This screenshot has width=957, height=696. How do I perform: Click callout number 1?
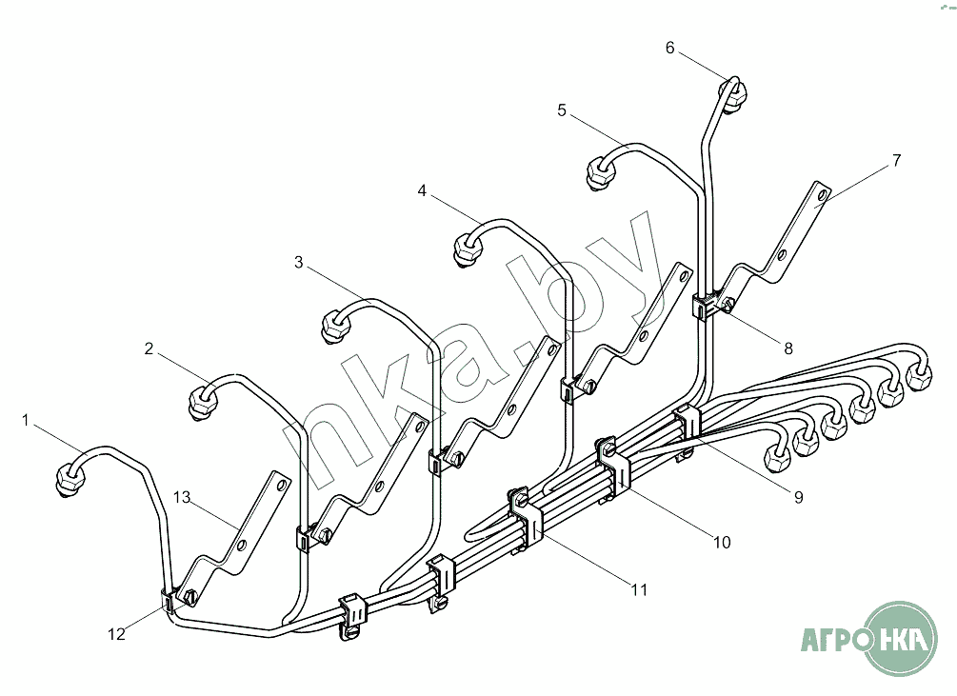pyautogui.click(x=25, y=420)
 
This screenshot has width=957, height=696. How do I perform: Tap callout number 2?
pyautogui.click(x=149, y=348)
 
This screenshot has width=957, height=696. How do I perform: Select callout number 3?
pyautogui.click(x=298, y=262)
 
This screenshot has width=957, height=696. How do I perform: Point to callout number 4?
pyautogui.click(x=422, y=191)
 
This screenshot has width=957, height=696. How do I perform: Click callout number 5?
pyautogui.click(x=562, y=110)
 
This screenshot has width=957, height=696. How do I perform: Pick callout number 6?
pyautogui.click(x=670, y=48)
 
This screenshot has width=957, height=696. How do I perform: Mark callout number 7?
pyautogui.click(x=896, y=160)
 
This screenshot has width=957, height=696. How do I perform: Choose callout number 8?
pyautogui.click(x=788, y=348)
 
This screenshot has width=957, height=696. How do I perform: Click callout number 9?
pyautogui.click(x=799, y=497)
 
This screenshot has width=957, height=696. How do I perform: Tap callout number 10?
pyautogui.click(x=722, y=542)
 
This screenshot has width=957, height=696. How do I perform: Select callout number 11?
pyautogui.click(x=639, y=590)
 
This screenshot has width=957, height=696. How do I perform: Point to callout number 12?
pyautogui.click(x=116, y=634)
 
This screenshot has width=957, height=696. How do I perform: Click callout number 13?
pyautogui.click(x=182, y=497)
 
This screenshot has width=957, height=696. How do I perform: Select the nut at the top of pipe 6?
pyautogui.click(x=733, y=94)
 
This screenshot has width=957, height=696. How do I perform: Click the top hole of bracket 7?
pyautogui.click(x=822, y=195)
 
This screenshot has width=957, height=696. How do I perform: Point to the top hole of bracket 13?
pyautogui.click(x=281, y=486)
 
